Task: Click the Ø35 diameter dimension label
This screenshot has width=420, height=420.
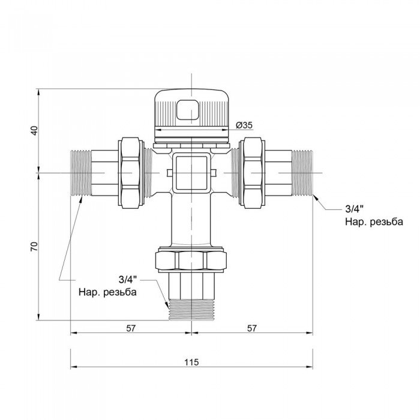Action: pyautogui.click(x=244, y=125)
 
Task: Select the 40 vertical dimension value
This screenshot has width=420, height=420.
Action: pyautogui.click(x=35, y=130)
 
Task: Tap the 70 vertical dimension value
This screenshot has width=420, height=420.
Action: pyautogui.click(x=35, y=246)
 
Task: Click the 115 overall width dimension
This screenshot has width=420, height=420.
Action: pyautogui.click(x=191, y=362)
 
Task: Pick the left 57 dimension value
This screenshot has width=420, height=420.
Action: pyautogui.click(x=130, y=328)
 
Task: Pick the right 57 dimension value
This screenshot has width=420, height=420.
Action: pyautogui.click(x=251, y=328)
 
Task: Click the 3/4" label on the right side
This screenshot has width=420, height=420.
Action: pyautogui.click(x=355, y=209)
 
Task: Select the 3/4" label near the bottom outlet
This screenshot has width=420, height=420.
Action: pyautogui.click(x=127, y=280)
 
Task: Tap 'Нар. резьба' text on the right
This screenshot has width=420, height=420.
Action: pyautogui.click(x=373, y=222)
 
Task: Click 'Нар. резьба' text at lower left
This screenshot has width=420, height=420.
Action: pyautogui.click(x=107, y=293)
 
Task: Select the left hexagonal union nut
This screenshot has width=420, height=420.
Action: pyautogui.click(x=130, y=173)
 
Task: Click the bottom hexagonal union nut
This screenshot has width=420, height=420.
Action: pyautogui.click(x=191, y=260)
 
